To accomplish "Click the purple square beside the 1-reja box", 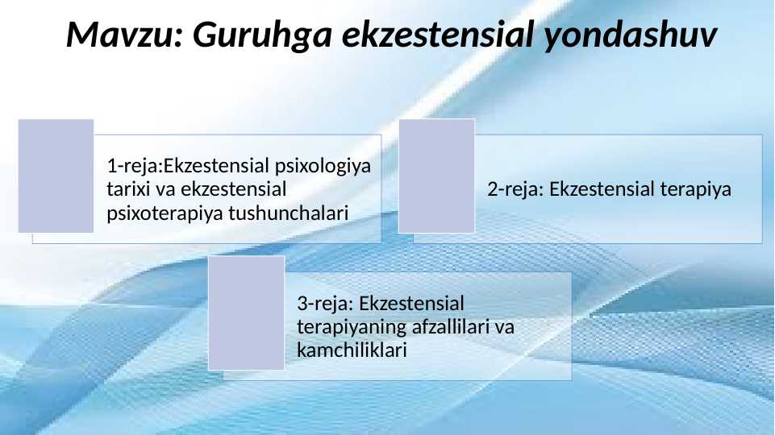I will point(56,176).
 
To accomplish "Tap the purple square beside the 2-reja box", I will point(436,176).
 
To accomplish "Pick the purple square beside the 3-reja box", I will point(247,313).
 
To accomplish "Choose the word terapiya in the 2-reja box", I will point(695,190).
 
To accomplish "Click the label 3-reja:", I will point(325,304).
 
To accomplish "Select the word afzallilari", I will point(451,328).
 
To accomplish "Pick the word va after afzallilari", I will point(504,328).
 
